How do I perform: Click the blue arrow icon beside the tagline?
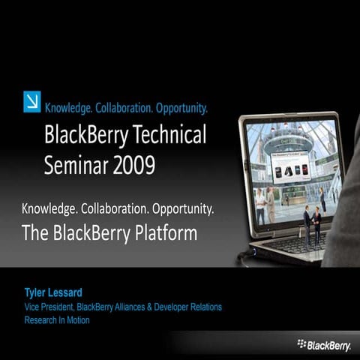coord(32,100)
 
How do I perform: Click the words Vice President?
coord(47,307)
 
